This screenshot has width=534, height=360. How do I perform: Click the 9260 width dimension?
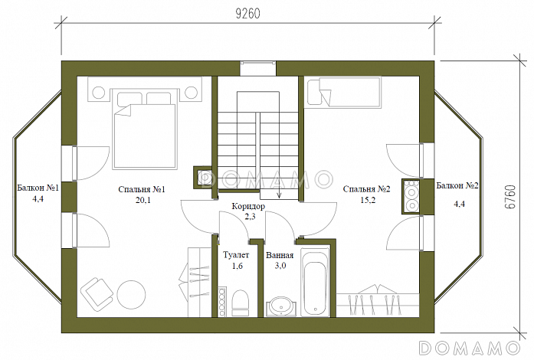click(x=248, y=13)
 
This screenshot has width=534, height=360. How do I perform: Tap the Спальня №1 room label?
click(x=142, y=189)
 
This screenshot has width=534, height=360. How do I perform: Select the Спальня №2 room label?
click(x=366, y=189)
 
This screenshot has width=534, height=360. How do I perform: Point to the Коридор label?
click(x=248, y=206)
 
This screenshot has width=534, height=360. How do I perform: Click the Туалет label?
click(x=236, y=255)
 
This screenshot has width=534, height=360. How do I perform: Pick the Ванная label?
click(x=280, y=255)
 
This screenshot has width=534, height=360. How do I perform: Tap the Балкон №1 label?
click(x=38, y=188)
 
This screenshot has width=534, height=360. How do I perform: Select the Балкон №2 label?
click(x=457, y=185)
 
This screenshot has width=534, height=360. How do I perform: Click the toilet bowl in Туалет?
click(x=240, y=303)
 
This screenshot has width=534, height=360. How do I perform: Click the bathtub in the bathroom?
click(x=315, y=283)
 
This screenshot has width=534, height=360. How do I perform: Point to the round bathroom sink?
click(x=281, y=306)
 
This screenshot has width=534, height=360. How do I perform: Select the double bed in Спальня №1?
click(x=145, y=129)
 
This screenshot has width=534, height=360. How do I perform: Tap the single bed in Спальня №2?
click(x=342, y=92)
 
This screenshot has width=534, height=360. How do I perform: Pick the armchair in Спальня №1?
click(x=97, y=294)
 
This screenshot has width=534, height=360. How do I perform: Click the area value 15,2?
click(x=368, y=200)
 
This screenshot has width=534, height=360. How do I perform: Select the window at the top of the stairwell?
click(x=257, y=68)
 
